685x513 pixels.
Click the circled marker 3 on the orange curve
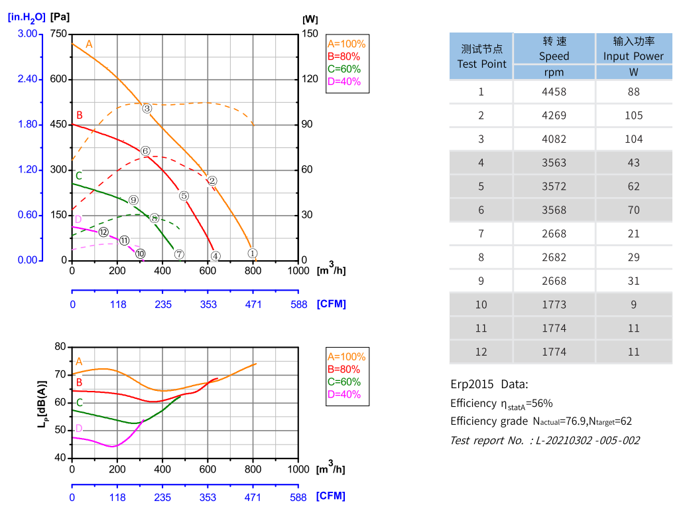click(x=147, y=108)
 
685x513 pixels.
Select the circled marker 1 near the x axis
click(x=252, y=253)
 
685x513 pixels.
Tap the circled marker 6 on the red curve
click(x=145, y=151)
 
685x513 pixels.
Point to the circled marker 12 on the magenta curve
click(x=103, y=232)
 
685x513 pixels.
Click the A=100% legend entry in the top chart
click(x=346, y=44)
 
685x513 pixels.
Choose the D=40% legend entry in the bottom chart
click(x=344, y=394)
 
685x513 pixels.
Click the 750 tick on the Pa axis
click(x=59, y=34)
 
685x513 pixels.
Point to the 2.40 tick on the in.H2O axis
click(x=27, y=79)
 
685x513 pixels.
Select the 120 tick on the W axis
click(x=310, y=79)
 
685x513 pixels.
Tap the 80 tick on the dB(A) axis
click(x=61, y=346)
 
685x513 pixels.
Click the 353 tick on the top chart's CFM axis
click(x=208, y=304)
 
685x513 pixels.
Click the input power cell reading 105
click(x=633, y=115)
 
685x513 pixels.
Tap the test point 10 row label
click(x=481, y=305)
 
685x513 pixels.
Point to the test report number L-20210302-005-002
click(x=544, y=440)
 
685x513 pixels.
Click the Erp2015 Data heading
click(x=489, y=384)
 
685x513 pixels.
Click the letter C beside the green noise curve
click(x=80, y=402)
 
